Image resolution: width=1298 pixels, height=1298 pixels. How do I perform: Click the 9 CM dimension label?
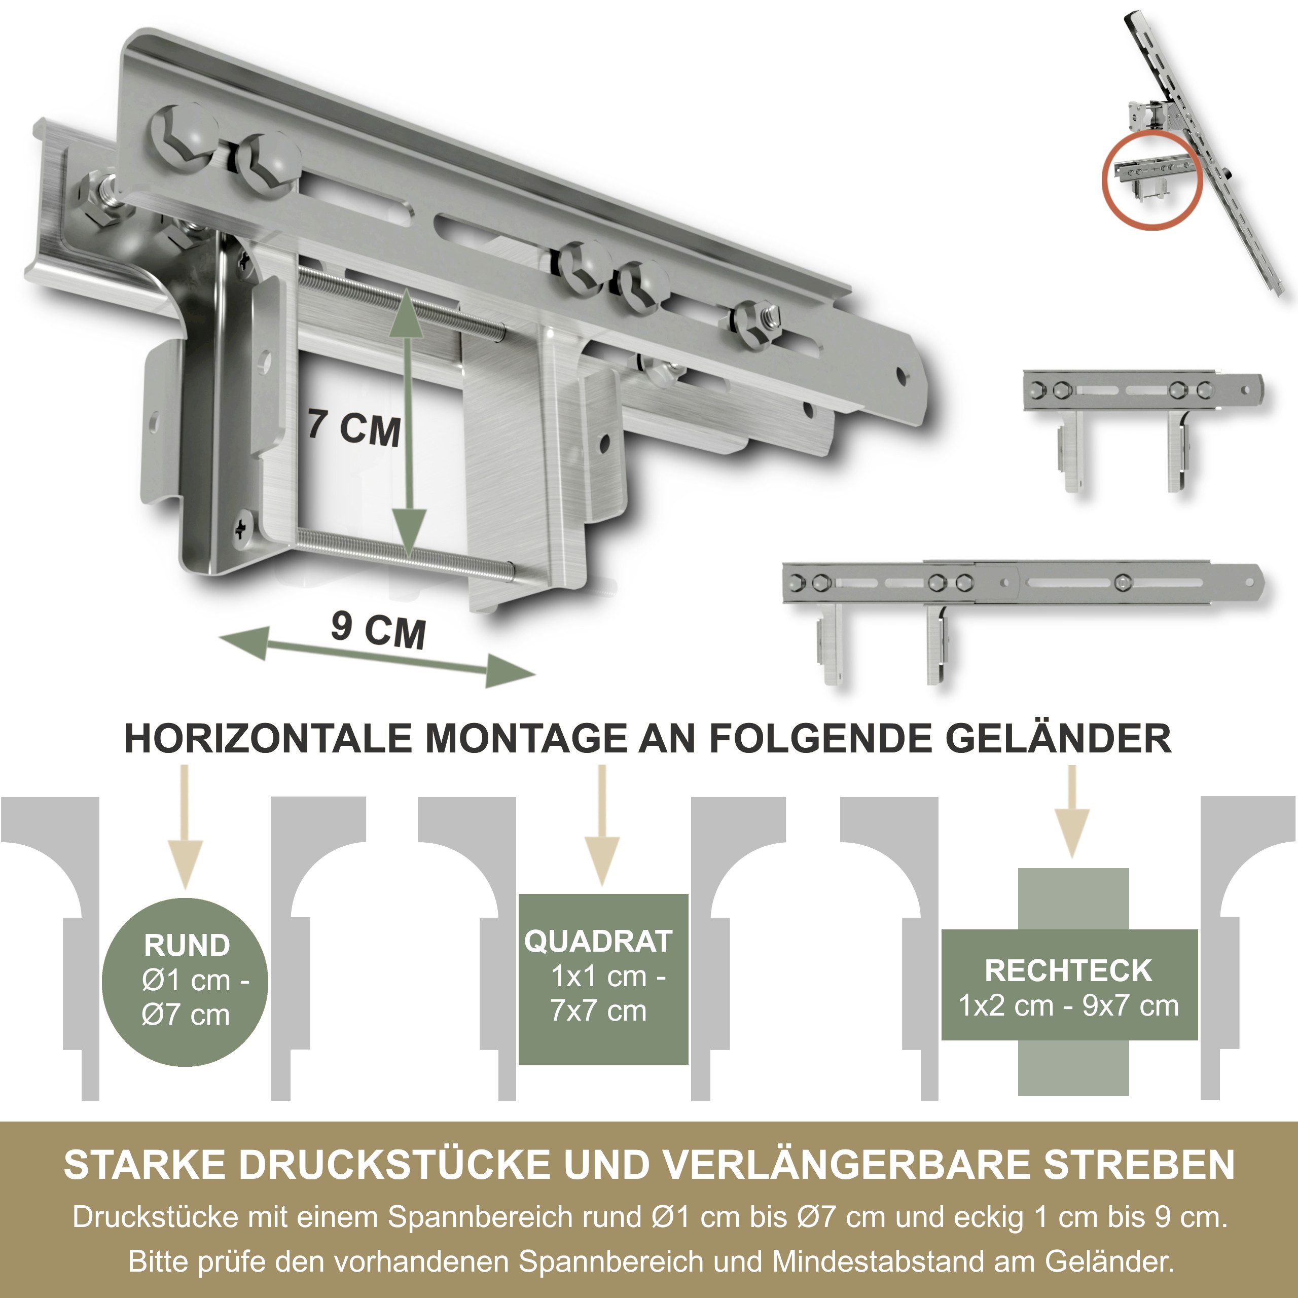[x=378, y=630]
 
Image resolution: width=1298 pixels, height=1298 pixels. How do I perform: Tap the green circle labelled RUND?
[x=186, y=982]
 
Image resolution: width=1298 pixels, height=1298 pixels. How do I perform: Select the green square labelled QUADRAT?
[x=603, y=980]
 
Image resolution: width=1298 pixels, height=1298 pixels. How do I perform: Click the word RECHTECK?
[x=1068, y=970]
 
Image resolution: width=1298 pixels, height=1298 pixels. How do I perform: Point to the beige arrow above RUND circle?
[x=186, y=826]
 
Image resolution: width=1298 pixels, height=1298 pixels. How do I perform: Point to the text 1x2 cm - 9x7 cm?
[x=1068, y=1006]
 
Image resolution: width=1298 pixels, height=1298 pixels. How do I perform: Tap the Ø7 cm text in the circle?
[x=186, y=1015]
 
